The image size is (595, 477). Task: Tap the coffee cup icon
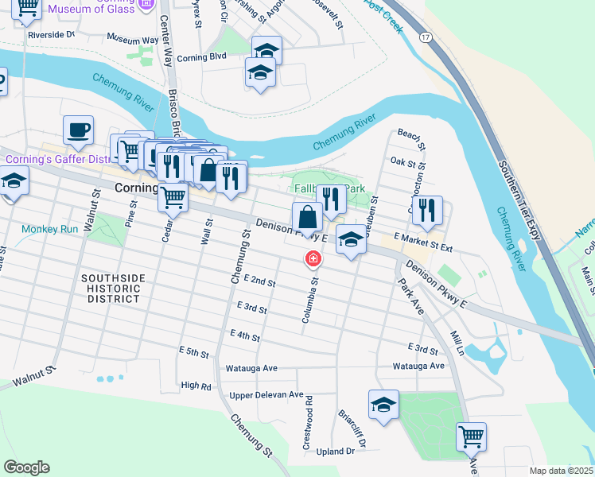click(x=78, y=130)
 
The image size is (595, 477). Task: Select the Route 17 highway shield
click(x=427, y=37)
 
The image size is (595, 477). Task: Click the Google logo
click(x=26, y=467)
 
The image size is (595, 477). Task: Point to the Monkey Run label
click(x=50, y=229)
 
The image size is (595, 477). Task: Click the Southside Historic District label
click(x=114, y=288)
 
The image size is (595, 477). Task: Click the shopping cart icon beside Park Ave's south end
click(x=471, y=436)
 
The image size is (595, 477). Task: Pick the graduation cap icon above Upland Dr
click(x=383, y=404)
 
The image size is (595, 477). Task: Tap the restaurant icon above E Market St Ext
click(x=427, y=210)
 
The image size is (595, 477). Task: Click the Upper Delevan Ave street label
click(x=266, y=395)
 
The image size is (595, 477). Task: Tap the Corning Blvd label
click(x=202, y=57)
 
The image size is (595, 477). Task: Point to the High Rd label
click(x=196, y=386)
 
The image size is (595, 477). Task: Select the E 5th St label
click(x=193, y=351)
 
